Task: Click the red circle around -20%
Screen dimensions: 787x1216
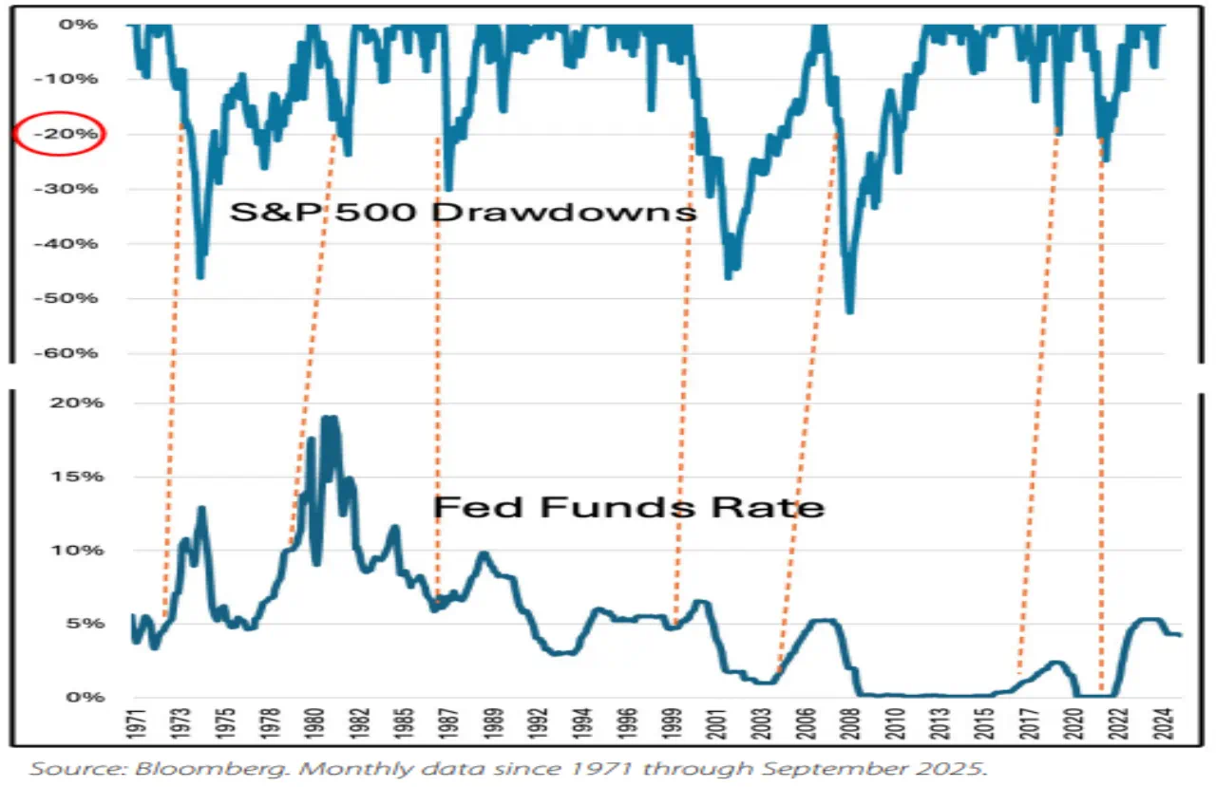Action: pos(60,135)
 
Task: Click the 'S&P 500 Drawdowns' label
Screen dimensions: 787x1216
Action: pos(463,211)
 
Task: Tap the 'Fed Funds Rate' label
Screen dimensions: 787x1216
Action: pos(628,507)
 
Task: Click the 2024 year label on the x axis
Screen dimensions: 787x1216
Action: pos(1160,728)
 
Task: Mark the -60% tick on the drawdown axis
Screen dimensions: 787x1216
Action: pos(72,353)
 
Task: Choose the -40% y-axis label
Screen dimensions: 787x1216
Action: pos(72,244)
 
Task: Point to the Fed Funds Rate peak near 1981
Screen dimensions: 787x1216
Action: pos(329,419)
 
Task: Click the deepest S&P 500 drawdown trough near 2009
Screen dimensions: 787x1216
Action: pos(848,311)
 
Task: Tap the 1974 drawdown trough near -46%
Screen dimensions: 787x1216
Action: pos(200,276)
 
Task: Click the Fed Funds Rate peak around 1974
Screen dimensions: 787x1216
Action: pos(200,509)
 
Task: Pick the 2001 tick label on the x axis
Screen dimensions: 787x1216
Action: pos(718,728)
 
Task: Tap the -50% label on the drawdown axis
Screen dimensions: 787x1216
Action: pos(72,298)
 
